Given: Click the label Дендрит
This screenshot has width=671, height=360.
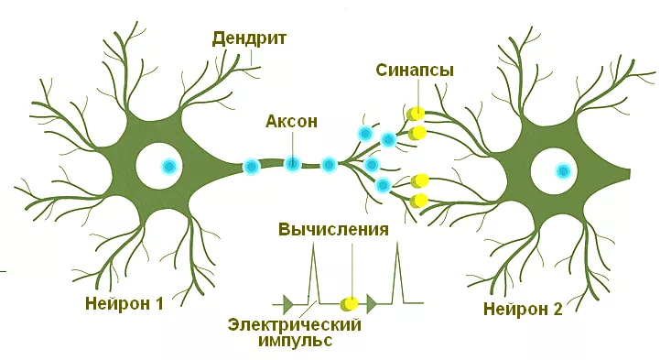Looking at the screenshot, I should click(x=249, y=38).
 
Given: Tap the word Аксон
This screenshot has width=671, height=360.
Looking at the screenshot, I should click(x=292, y=121).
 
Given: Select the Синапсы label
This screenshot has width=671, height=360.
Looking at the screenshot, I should click(x=415, y=70).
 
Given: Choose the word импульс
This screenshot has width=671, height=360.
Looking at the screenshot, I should click(x=294, y=342).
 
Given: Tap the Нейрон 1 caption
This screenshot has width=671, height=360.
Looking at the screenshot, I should click(x=124, y=303).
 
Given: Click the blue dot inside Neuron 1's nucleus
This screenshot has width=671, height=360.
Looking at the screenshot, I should click(x=168, y=167).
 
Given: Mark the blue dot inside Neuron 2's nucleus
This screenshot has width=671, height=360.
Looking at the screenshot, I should click(x=563, y=170).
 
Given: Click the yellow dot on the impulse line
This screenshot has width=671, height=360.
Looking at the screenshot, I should click(x=349, y=303).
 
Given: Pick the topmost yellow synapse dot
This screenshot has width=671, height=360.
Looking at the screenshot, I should click(x=417, y=114).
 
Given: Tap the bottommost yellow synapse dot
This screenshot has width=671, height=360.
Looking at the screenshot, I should click(x=420, y=200).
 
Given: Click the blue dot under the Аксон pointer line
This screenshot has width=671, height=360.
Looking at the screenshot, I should click(x=292, y=164).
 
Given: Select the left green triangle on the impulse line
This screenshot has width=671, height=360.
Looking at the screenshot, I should click(x=290, y=302).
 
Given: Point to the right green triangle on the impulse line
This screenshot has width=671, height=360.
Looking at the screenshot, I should click(x=372, y=302).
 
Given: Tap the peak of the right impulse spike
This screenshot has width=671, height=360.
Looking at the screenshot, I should click(x=397, y=245).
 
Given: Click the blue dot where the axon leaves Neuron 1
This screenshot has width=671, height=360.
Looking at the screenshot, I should click(x=250, y=167).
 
